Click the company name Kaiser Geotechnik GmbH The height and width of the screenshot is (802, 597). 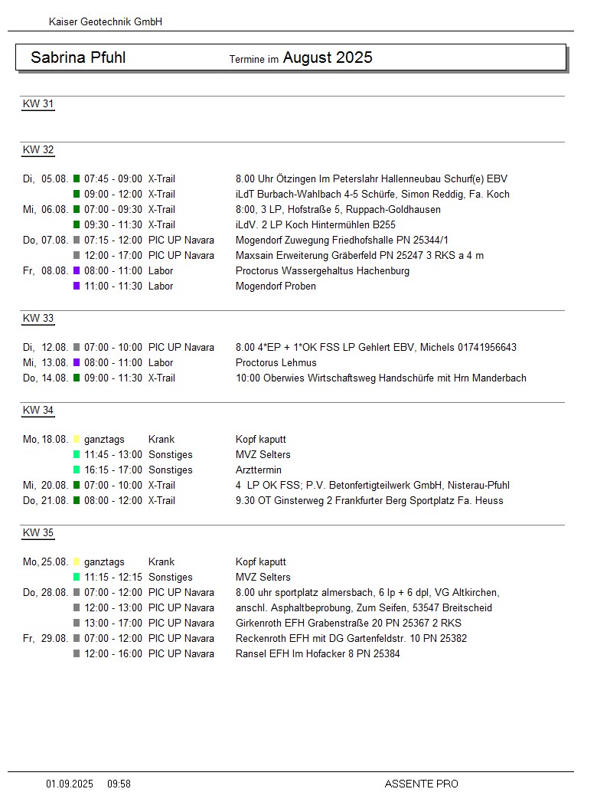point(106,22)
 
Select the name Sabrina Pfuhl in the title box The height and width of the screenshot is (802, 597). point(78,57)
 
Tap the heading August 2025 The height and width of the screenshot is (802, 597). point(328,57)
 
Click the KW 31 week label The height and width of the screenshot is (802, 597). point(38,104)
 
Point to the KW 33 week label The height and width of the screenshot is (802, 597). point(38,319)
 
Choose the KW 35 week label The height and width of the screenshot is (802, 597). point(38,533)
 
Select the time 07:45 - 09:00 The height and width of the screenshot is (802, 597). point(113,179)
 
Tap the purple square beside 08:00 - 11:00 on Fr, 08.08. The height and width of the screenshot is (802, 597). point(77,271)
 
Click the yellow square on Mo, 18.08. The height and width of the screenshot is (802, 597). point(77,440)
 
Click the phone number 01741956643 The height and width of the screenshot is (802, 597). point(488,348)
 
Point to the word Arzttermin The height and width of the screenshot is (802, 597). point(259,470)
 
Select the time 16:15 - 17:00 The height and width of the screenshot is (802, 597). point(113,470)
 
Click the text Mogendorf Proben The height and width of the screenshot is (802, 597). point(276,286)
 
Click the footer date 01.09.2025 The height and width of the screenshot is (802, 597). point(70,784)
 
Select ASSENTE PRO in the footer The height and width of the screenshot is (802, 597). point(421,784)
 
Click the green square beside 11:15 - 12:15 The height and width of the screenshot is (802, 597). point(77,578)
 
